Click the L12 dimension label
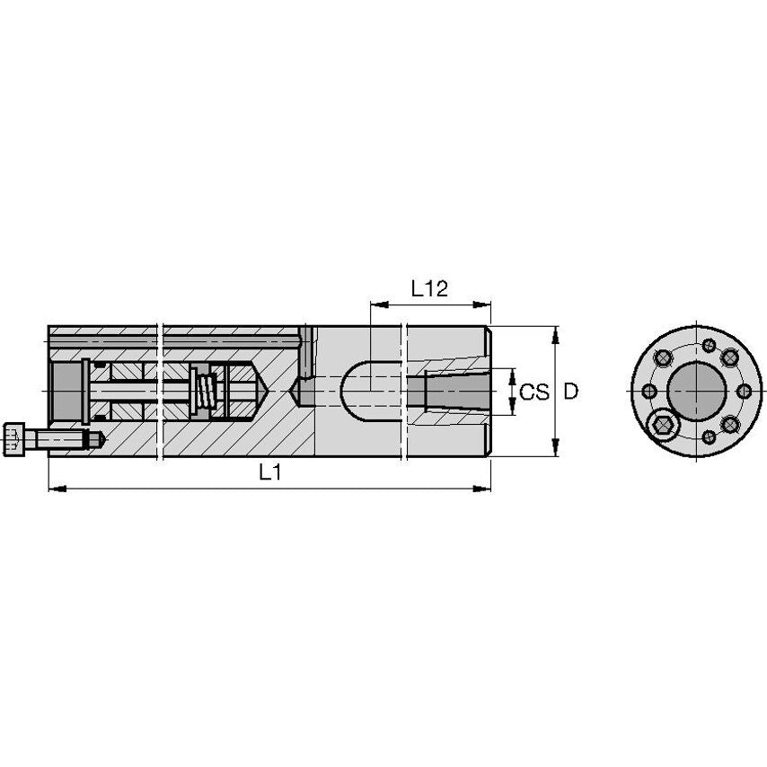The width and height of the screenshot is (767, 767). [429, 289]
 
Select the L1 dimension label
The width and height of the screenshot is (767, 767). [270, 473]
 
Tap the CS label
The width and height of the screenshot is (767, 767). [534, 392]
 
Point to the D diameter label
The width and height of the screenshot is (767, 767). [570, 392]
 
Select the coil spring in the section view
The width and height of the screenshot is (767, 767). [205, 392]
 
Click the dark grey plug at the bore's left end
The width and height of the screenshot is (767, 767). [66, 392]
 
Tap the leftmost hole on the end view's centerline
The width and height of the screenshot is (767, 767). [647, 392]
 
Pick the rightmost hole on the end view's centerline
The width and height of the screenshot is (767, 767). [743, 392]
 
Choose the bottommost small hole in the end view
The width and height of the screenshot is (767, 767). [710, 437]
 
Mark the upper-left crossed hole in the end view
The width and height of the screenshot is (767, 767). [663, 358]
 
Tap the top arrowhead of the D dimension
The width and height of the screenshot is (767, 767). [556, 333]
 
